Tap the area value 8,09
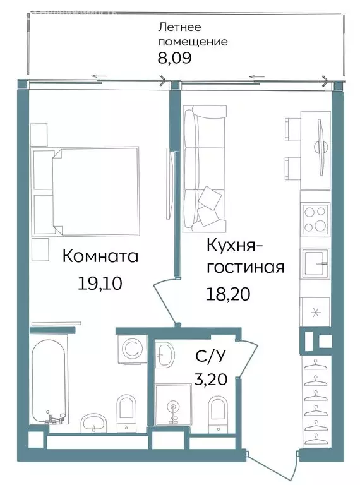click(174, 59)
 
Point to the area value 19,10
click(100, 283)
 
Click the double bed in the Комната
click(95, 190)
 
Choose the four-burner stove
click(315, 219)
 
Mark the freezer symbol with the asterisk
click(315, 311)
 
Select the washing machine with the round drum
click(133, 348)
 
